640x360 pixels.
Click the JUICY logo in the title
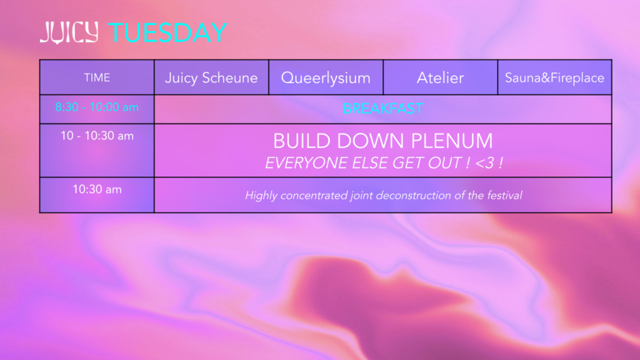pos(69,32)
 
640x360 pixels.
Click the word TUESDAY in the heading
pos(167,32)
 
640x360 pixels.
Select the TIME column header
pos(97,77)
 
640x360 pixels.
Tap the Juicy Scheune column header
pos(211,77)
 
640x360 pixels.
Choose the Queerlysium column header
pos(326,78)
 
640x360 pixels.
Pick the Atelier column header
pos(441,77)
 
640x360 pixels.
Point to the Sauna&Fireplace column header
pos(555,77)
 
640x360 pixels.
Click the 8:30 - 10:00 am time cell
pos(97,107)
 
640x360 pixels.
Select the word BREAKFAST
pos(383,109)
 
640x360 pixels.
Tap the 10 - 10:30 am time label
pos(97,136)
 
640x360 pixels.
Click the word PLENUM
pos(452,141)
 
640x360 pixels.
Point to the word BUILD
pos(302,141)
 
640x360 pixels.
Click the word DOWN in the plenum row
pos(371,141)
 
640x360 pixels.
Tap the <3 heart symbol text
pos(485,163)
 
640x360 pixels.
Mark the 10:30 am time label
pos(97,189)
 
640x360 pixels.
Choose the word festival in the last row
pos(504,196)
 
